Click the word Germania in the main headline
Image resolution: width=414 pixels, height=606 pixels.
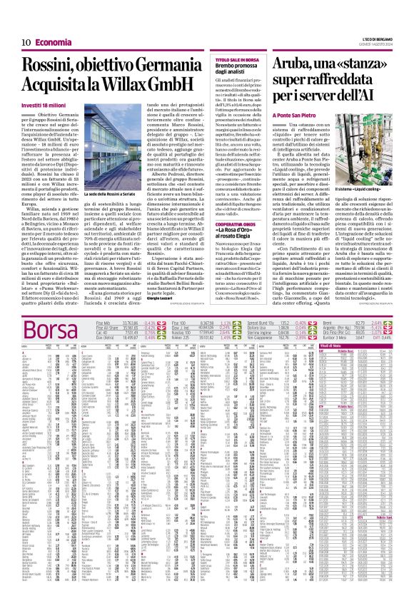point(163,66)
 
